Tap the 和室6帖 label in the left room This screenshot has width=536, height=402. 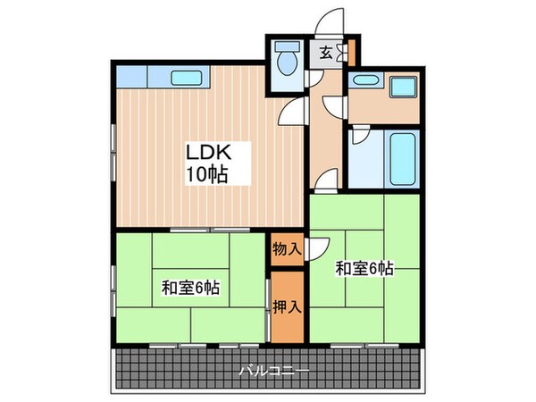(x=190, y=288)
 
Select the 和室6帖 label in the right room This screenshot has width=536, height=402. (x=365, y=267)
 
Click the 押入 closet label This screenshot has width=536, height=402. (x=287, y=308)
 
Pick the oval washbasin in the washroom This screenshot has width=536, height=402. (x=364, y=81)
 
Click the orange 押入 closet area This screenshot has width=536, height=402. (x=287, y=308)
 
